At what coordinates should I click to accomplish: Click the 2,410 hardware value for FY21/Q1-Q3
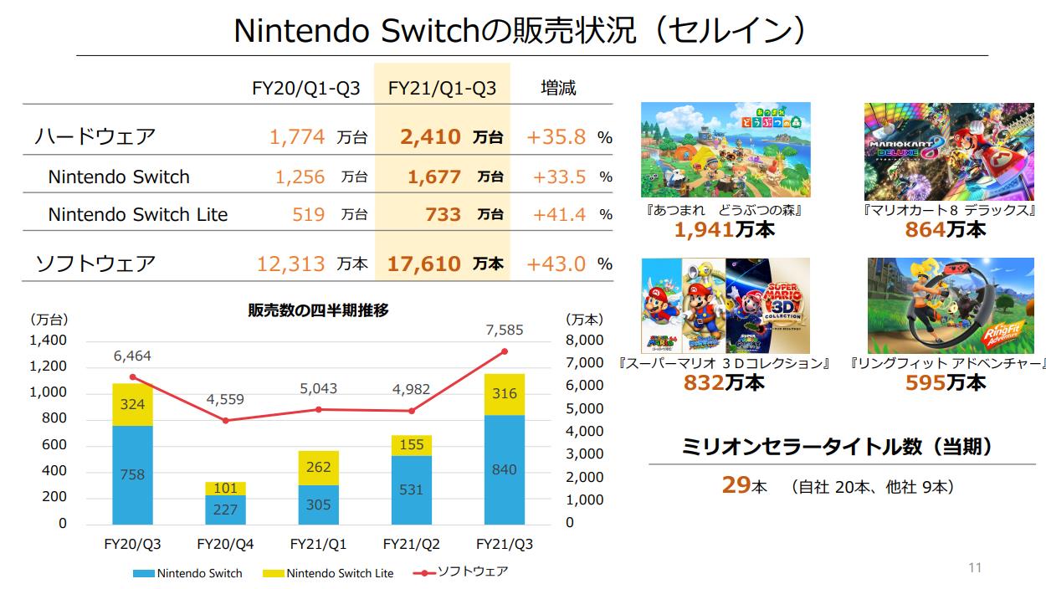(430, 136)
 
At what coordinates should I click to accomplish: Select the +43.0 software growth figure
(556, 264)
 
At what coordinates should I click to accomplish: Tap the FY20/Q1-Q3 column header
(306, 88)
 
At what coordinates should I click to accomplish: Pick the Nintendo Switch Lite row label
(137, 214)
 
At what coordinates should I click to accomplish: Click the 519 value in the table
(309, 214)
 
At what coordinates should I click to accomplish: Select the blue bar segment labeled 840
(505, 470)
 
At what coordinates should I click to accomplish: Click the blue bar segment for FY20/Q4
(226, 510)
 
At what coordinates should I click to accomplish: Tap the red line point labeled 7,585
(505, 351)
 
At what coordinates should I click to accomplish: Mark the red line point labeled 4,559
(226, 420)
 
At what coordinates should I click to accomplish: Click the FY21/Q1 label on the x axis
(319, 545)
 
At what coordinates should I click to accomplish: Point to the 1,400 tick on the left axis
(48, 341)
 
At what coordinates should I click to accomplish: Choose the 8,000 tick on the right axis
(583, 341)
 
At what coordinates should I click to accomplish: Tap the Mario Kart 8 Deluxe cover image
(951, 151)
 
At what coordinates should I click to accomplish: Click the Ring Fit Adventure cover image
(956, 305)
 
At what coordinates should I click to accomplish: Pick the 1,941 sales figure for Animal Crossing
(704, 229)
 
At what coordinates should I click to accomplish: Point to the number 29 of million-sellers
(736, 485)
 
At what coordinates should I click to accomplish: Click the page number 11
(974, 568)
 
